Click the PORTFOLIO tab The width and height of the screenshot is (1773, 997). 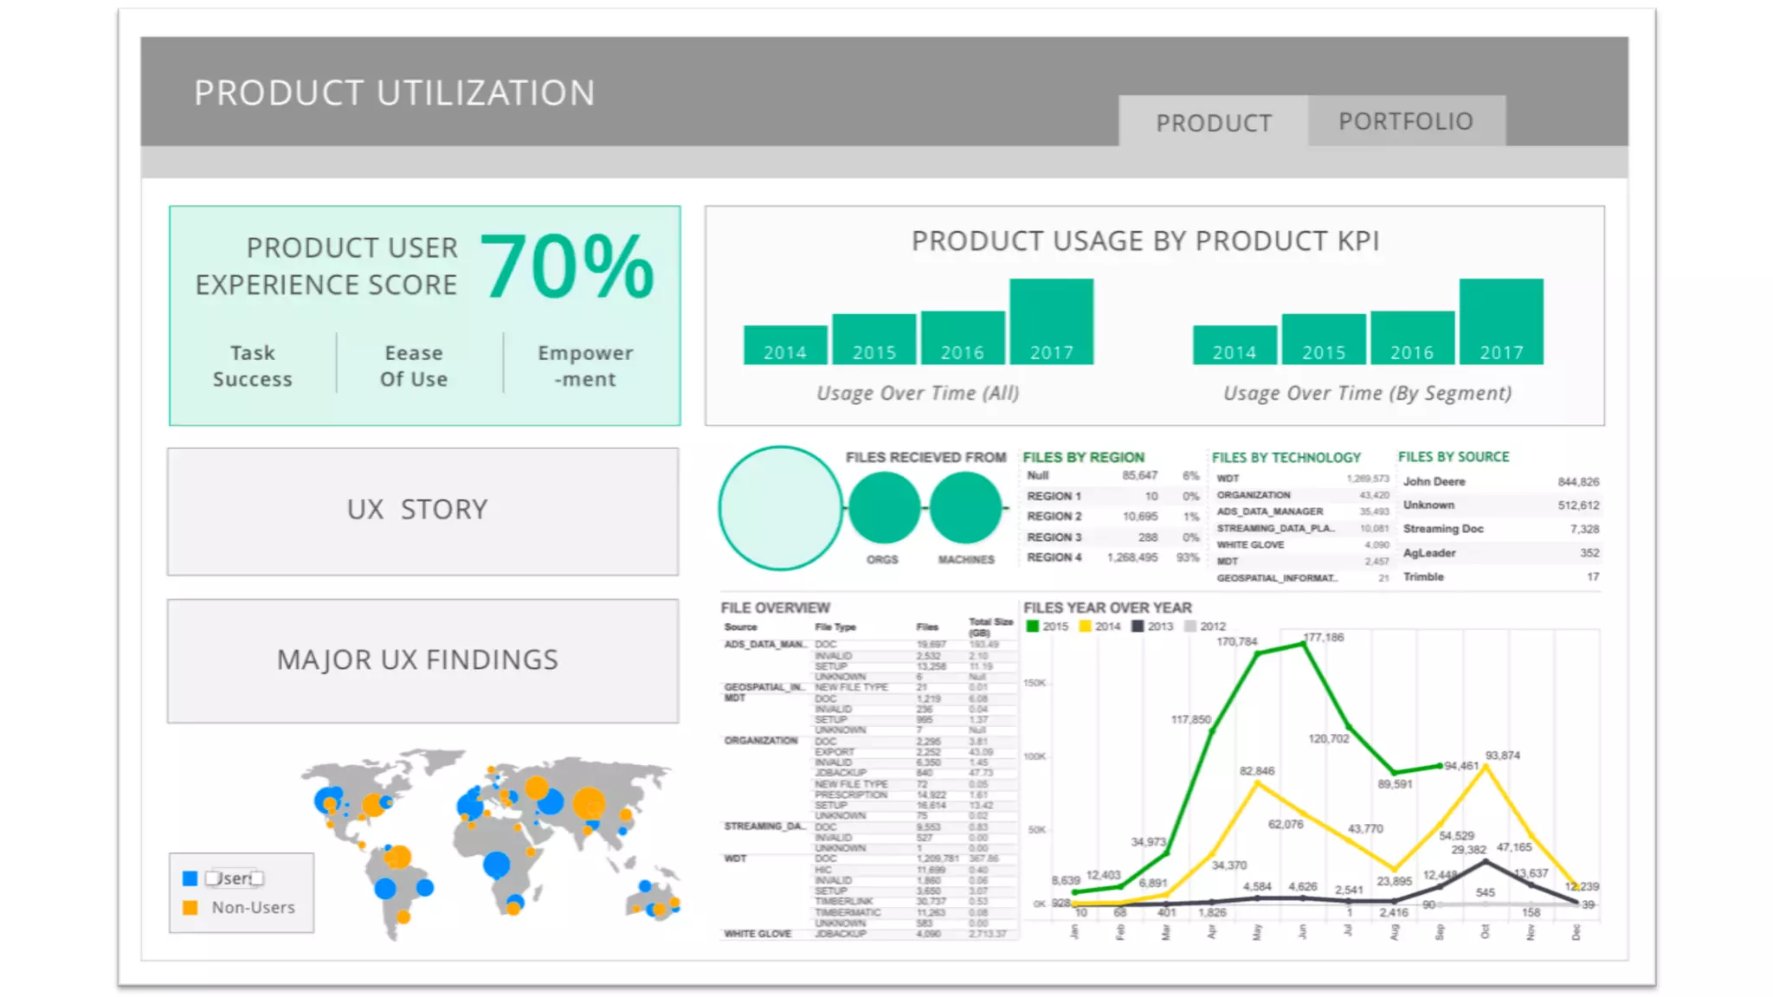[x=1406, y=121]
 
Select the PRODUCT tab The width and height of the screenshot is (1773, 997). [x=1214, y=123]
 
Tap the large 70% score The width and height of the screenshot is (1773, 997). [x=567, y=267]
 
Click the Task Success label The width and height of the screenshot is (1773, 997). [x=252, y=366]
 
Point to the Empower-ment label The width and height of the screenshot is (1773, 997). [x=585, y=366]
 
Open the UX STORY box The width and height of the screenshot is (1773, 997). [x=422, y=511]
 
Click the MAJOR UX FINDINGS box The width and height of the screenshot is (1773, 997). [x=422, y=660]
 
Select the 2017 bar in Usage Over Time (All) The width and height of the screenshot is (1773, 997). [x=1051, y=321]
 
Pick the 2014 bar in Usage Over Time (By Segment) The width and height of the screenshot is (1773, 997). [x=1234, y=344]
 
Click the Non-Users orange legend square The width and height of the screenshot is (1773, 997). [x=190, y=908]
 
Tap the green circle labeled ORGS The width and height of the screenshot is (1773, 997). [x=883, y=508]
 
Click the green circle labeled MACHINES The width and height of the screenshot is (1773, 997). [x=965, y=508]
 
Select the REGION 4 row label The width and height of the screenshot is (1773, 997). [x=1054, y=557]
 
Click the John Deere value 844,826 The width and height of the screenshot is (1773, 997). [x=1577, y=482]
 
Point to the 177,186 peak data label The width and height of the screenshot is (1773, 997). [x=1324, y=637]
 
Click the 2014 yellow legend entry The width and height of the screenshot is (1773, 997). [x=1100, y=627]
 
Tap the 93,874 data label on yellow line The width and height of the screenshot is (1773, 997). [x=1502, y=756]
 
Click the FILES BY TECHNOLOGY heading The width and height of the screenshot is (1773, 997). [x=1286, y=457]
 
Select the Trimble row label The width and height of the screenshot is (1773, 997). [x=1423, y=576]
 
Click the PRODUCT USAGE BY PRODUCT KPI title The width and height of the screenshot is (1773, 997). [x=1144, y=241]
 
